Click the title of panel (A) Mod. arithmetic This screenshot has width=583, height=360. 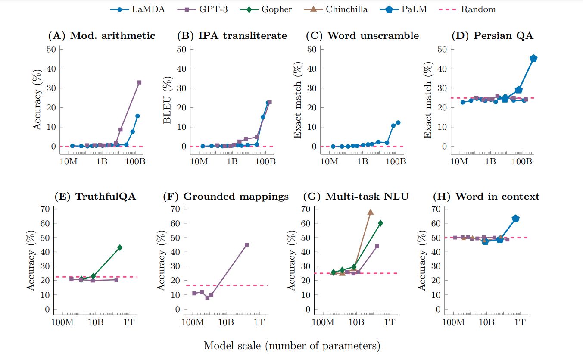(x=101, y=36)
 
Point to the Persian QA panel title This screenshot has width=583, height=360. (x=492, y=36)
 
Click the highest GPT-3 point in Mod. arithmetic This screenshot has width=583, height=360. (x=139, y=82)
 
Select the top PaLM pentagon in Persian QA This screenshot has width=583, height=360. (x=533, y=59)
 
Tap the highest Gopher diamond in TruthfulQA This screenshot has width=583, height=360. (x=120, y=247)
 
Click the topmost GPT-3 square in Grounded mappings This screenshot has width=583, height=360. (x=246, y=245)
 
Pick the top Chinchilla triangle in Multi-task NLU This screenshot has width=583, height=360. (x=371, y=212)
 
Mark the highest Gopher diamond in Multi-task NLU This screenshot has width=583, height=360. (x=380, y=223)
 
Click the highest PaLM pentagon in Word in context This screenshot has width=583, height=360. (x=515, y=219)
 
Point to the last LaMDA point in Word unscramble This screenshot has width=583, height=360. (x=398, y=122)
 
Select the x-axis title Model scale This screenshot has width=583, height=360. (x=292, y=346)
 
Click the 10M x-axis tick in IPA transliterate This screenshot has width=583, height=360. (x=199, y=162)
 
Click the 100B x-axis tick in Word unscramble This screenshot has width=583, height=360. (x=396, y=162)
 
